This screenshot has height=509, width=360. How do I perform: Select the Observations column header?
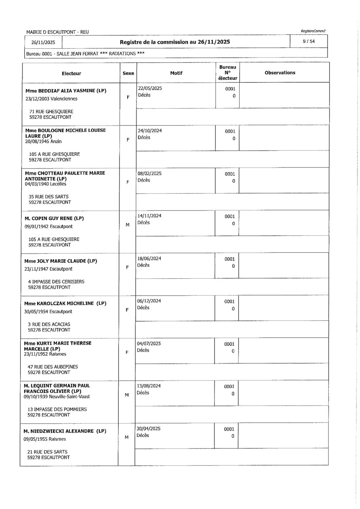[280, 73]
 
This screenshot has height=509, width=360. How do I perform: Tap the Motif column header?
[176, 73]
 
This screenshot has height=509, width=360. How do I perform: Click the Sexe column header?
[128, 73]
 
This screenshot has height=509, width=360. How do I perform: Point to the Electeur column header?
[71, 73]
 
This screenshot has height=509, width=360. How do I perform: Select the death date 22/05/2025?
[150, 88]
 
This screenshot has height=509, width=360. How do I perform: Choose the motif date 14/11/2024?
[150, 216]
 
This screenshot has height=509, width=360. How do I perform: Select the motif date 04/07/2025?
[149, 343]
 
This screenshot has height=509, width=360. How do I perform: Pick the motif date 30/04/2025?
[149, 428]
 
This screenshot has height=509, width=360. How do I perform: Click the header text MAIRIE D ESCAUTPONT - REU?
[57, 32]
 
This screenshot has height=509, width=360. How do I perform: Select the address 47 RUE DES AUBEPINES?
[53, 366]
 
